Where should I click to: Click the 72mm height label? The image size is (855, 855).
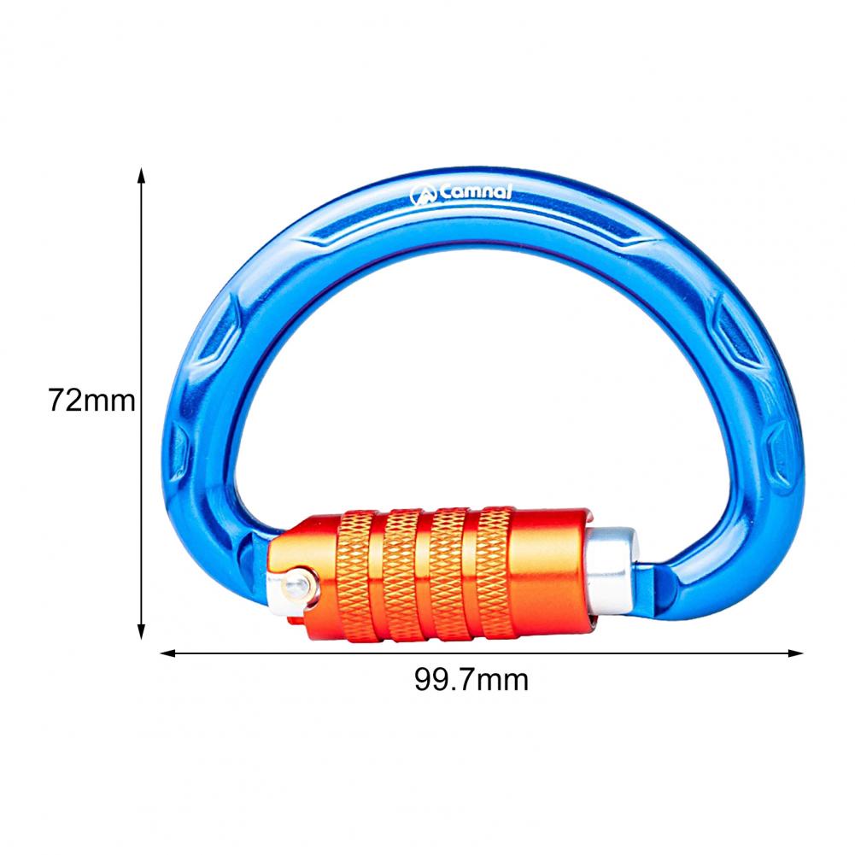(x=92, y=399)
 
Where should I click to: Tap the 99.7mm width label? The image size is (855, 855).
(x=471, y=680)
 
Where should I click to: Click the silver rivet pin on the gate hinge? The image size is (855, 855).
(x=293, y=584)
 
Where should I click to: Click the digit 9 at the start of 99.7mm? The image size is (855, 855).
(x=424, y=680)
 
